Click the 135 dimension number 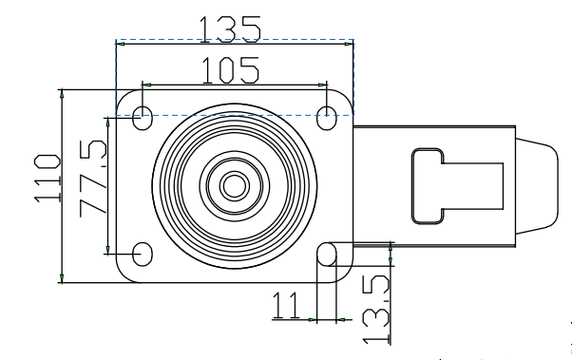coord(230,29)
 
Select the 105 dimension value coord(230,70)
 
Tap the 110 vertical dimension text coord(48,179)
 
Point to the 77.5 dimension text coord(93,178)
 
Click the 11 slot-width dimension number coord(286,306)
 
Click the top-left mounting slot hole coord(143,118)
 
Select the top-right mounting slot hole coord(327,118)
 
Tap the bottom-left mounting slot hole coord(143,254)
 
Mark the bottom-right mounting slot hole coord(327,254)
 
